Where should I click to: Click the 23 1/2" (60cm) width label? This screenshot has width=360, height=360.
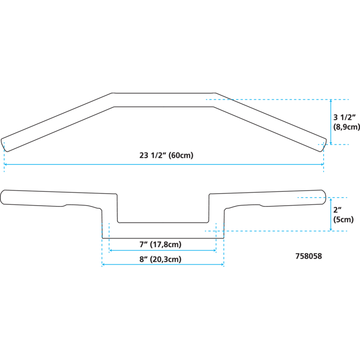point(166,156)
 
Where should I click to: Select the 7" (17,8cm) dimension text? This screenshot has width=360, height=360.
point(160,244)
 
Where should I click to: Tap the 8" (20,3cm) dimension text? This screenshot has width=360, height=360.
point(160,259)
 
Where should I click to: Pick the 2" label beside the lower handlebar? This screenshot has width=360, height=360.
point(337,209)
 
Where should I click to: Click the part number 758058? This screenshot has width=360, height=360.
point(309,256)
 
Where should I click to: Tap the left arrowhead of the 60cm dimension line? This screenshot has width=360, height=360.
point(6,164)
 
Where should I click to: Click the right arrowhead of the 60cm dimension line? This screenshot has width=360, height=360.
point(322,164)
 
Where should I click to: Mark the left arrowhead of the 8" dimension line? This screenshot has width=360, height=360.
point(104,265)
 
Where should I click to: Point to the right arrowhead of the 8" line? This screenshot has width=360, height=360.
point(222,265)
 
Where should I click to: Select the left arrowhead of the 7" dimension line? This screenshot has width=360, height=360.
point(111,251)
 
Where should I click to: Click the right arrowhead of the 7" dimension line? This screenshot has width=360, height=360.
point(214,251)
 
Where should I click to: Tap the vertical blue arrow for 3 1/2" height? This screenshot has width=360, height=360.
point(331,121)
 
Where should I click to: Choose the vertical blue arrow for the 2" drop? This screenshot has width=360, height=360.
point(331,214)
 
